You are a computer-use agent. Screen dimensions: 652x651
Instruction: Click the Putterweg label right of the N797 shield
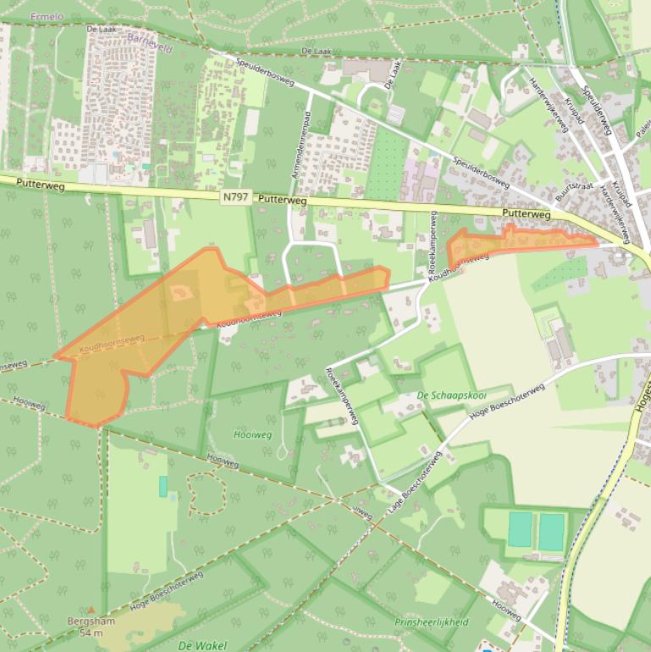coord(281,201)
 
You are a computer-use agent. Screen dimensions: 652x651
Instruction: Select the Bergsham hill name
coord(91,622)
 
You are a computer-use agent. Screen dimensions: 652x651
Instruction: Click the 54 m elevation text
coord(91,633)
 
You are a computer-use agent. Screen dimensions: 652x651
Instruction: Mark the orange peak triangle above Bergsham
coord(91,609)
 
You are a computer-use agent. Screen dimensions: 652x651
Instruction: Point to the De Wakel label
coord(202,645)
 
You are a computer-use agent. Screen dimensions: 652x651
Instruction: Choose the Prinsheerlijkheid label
coord(431,622)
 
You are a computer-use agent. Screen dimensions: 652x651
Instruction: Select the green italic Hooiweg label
coord(252,434)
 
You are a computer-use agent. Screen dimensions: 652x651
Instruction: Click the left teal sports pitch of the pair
coord(520,529)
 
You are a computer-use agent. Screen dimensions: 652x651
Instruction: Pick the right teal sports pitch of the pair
coord(551,532)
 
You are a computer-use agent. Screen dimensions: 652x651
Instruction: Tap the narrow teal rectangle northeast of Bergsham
coord(163,486)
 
